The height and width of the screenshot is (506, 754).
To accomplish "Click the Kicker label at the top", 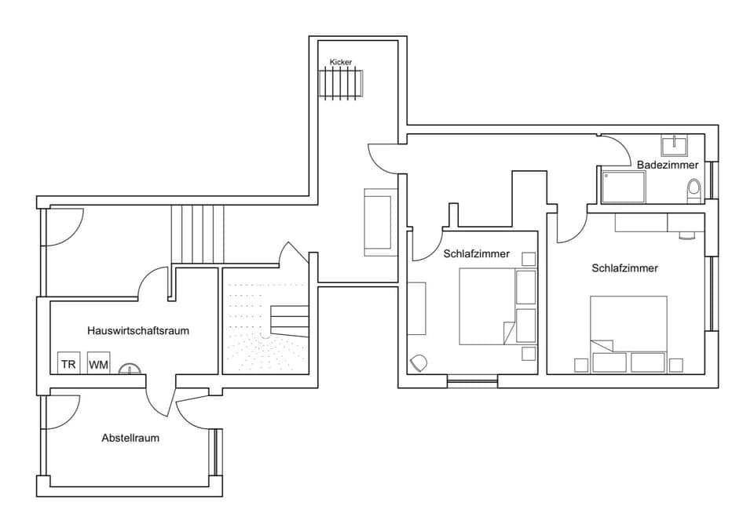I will coord(341,61).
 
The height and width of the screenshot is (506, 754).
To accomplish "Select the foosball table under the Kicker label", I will coord(342,82).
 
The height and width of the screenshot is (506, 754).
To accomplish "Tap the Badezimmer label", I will coord(667,165).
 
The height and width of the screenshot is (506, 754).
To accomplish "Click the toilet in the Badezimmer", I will coord(694,190).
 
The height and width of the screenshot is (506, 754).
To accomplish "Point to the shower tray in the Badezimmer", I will coord(624,187).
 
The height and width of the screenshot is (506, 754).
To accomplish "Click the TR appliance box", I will coord(69,364).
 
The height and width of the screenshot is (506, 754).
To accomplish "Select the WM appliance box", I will coord(98,364).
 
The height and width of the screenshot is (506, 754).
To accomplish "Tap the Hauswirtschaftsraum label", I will coord(138,330).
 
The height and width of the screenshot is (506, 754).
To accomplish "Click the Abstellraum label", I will coord(130,438).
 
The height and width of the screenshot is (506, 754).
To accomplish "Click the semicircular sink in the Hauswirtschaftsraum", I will coord(130,369).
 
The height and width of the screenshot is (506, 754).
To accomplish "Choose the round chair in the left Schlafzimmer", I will coord(419,362).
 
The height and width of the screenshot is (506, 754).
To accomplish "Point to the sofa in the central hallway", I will coord(378,222).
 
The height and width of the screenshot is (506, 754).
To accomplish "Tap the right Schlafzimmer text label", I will coord(624,268).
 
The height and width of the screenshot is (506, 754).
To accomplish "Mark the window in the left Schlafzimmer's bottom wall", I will coord(472,382).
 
